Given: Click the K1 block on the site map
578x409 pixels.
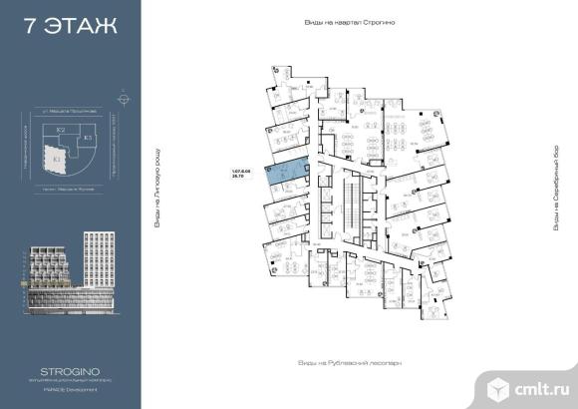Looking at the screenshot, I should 58,157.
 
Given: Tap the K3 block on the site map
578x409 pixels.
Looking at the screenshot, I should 87,136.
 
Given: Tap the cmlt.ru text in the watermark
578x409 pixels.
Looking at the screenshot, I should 538,383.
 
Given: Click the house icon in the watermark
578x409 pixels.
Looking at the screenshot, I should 495,382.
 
